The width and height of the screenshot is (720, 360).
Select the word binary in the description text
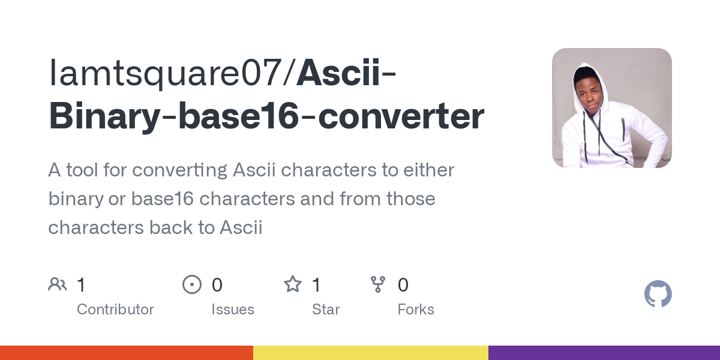(x=75, y=199)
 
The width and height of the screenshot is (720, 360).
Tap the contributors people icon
(x=58, y=284)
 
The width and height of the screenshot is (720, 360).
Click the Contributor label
(x=115, y=310)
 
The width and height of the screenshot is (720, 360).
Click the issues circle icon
(x=192, y=284)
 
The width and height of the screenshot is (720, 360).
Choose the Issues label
(x=233, y=310)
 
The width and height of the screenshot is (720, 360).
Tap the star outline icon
(x=293, y=284)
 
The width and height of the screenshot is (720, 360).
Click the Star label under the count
(x=326, y=310)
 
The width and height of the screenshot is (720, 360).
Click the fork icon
(x=378, y=284)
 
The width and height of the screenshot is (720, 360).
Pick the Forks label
(x=416, y=310)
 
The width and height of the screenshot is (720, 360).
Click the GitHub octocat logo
(x=658, y=295)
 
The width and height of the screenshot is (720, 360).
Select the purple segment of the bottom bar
(x=604, y=353)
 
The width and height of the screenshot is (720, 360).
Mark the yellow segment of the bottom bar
(x=370, y=353)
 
